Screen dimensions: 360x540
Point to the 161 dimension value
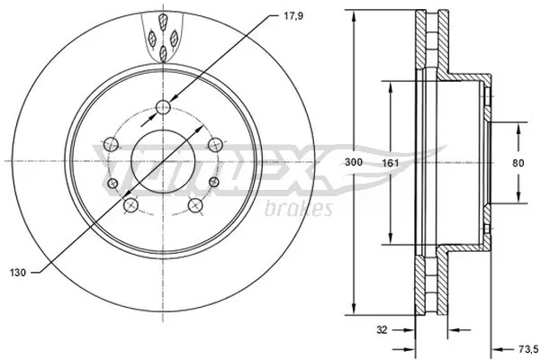click(x=388, y=163)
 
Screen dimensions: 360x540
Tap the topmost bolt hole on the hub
click(x=163, y=109)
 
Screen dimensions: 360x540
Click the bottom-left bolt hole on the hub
click(x=130, y=206)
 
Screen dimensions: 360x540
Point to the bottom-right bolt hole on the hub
click(x=195, y=206)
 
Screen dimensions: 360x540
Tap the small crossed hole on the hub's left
click(x=112, y=184)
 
